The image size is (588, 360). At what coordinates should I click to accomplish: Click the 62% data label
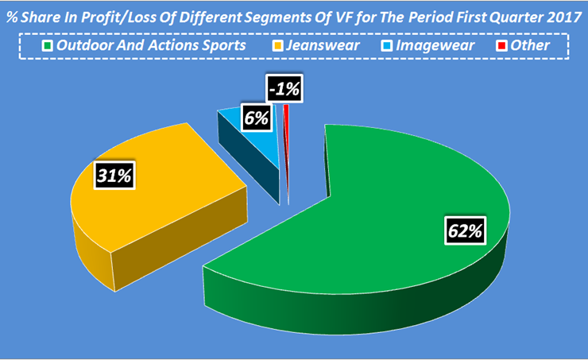(x=463, y=232)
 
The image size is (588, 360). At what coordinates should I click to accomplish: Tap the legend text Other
(x=530, y=45)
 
